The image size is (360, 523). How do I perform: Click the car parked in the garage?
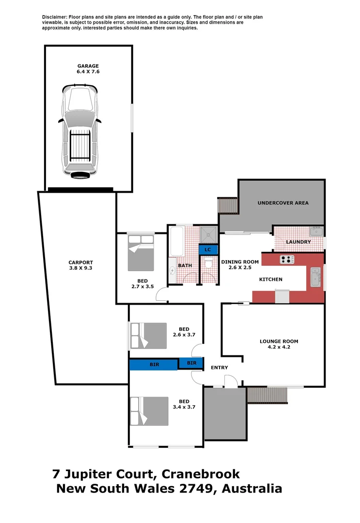(80, 131)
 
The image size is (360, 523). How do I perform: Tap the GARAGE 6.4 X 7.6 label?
(88, 69)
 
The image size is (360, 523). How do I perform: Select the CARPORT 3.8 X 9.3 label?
(80, 265)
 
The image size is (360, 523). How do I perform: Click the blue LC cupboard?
(208, 249)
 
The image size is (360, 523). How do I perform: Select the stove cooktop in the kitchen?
(287, 260)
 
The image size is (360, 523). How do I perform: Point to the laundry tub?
(316, 231)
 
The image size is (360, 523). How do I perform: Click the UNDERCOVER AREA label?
(283, 203)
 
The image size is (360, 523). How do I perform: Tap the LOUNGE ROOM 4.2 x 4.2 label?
(279, 344)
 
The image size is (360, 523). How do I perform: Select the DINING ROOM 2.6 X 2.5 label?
(240, 265)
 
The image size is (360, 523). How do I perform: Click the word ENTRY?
(219, 368)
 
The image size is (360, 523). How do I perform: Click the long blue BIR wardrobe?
(153, 364)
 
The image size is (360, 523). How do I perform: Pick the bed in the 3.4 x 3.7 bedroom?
(148, 411)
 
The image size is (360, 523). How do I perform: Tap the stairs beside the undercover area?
(228, 206)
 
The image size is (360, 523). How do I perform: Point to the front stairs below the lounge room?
(267, 395)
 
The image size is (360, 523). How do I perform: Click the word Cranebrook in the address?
(201, 474)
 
